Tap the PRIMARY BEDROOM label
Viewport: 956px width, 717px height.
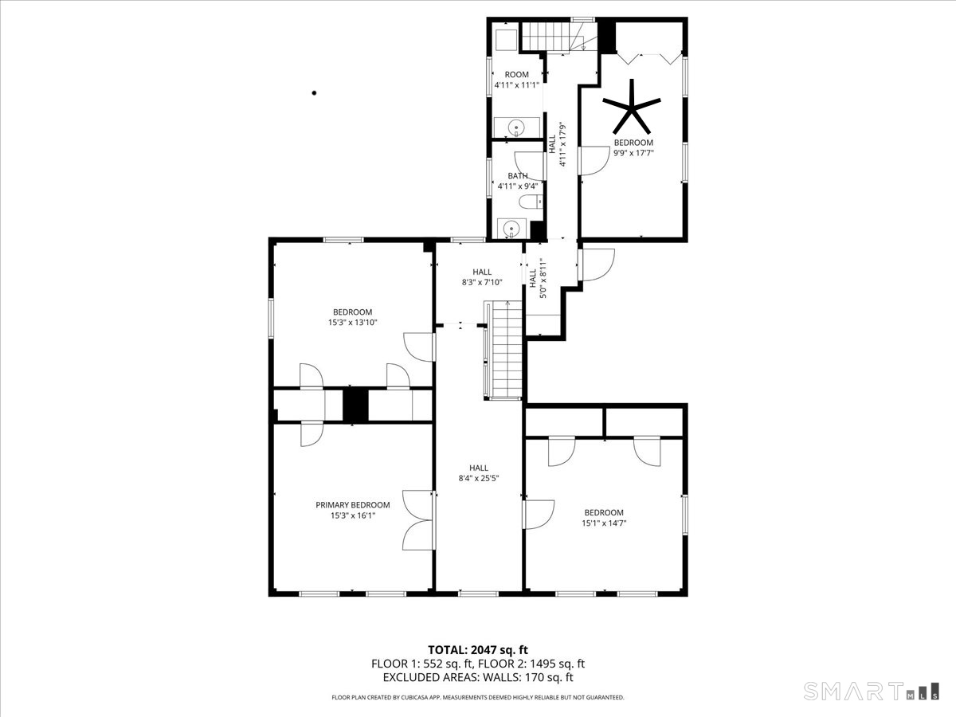[353, 505]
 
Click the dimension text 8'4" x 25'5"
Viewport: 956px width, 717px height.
[479, 479]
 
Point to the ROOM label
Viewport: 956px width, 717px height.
[516, 74]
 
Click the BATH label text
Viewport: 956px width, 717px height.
[518, 176]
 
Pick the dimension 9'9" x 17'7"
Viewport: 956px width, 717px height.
[633, 153]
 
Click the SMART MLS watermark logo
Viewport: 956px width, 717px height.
[871, 692]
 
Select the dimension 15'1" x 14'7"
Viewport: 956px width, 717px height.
[604, 523]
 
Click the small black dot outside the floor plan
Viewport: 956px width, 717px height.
[314, 92]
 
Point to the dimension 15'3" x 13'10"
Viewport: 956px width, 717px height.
[352, 323]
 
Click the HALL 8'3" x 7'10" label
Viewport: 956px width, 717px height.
[482, 277]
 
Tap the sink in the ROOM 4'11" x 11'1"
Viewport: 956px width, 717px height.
[517, 127]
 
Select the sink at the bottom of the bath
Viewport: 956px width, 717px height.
[511, 229]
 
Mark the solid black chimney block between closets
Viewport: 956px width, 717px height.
[355, 405]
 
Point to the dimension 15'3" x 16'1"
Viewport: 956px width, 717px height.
[353, 516]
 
